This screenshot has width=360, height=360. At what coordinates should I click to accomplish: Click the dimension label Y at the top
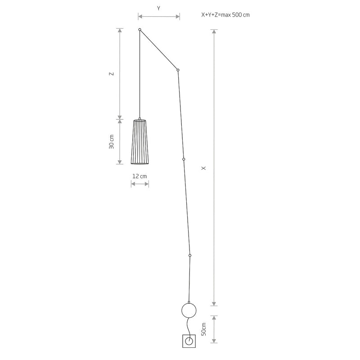pos(158,9)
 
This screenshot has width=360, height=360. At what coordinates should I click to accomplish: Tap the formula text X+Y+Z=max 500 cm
pos(225,15)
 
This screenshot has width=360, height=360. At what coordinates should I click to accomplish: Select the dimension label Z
pos(111,74)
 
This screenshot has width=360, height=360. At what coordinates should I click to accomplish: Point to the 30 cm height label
pos(111,142)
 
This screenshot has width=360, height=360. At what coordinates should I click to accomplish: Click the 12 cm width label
pos(139,176)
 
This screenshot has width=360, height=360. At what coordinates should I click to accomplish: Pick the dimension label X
pos(204,168)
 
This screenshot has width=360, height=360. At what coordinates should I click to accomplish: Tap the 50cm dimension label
pos(204,329)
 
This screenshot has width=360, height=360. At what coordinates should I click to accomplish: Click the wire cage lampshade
pos(140,141)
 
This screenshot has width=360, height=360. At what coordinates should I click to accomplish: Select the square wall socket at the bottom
pos(189,341)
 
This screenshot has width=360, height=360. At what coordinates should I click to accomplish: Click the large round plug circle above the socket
pos(189,303)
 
